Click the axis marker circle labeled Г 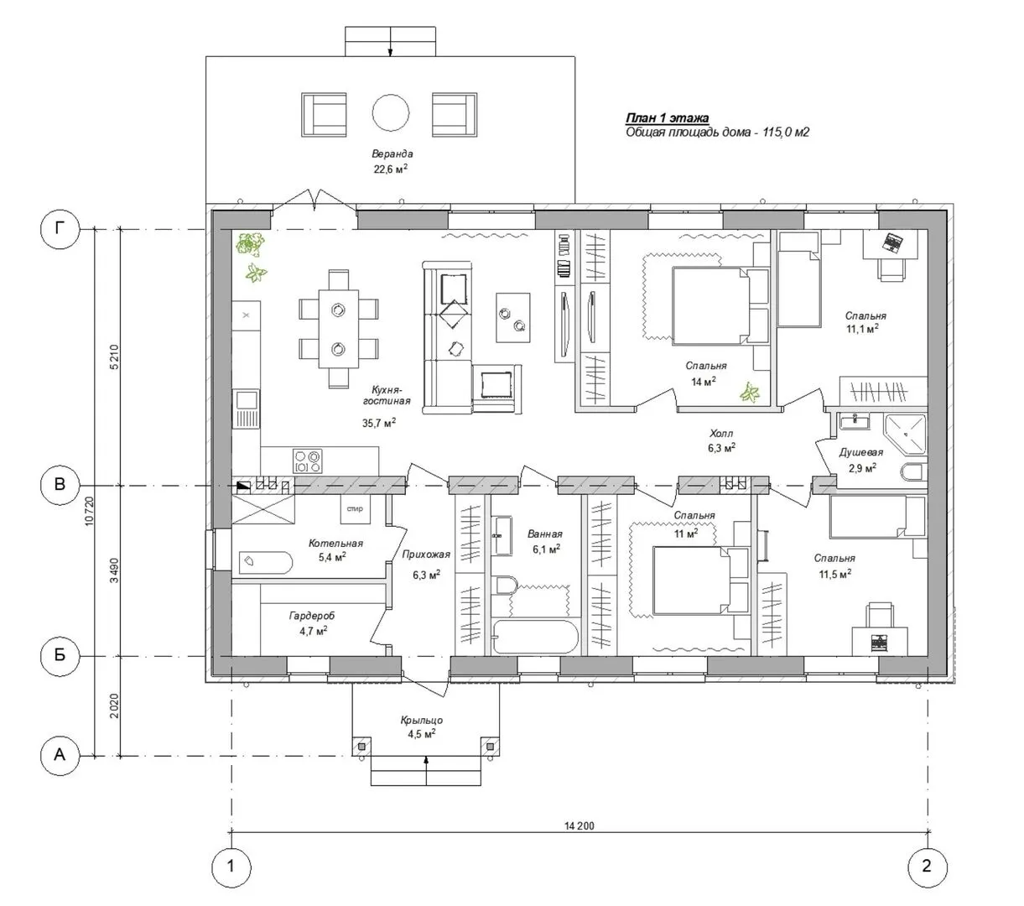[60, 229]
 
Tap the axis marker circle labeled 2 [927, 867]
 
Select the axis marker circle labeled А [60, 755]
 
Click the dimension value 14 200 [580, 825]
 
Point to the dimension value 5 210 [114, 357]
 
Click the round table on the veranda [390, 112]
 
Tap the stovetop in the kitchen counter [307, 461]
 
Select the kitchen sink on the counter [246, 409]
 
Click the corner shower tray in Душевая [905, 433]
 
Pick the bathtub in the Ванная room [535, 637]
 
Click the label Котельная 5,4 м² [335, 550]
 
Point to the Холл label [721, 433]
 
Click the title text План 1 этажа [668, 118]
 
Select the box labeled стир [355, 508]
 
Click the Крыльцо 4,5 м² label [422, 726]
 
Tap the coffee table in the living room [512, 317]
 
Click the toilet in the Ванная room [507, 585]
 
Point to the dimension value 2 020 [114, 706]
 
